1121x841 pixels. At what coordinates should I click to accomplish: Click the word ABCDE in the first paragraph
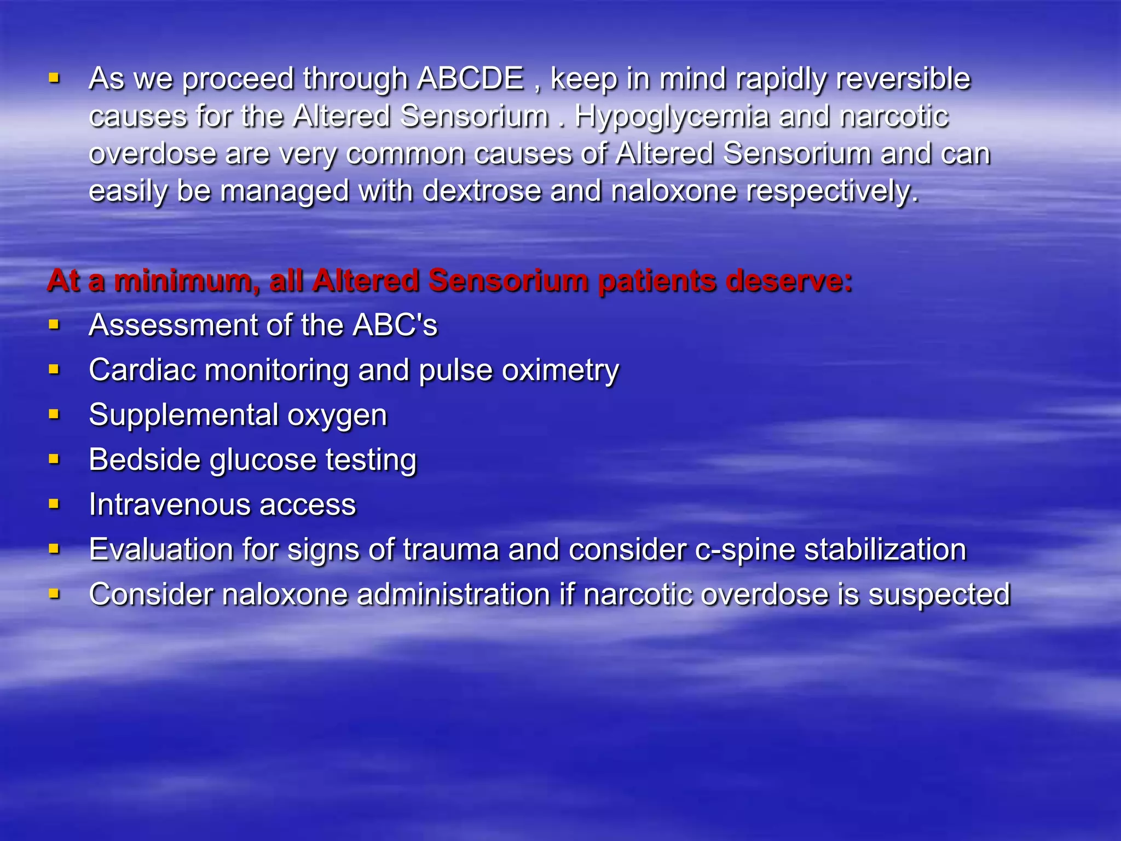pos(470,78)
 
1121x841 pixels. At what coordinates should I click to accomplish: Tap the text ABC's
pos(395,325)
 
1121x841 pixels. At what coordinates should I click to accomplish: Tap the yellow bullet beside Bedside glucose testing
pos(54,459)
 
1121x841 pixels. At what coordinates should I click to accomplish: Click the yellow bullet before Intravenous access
pos(54,504)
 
